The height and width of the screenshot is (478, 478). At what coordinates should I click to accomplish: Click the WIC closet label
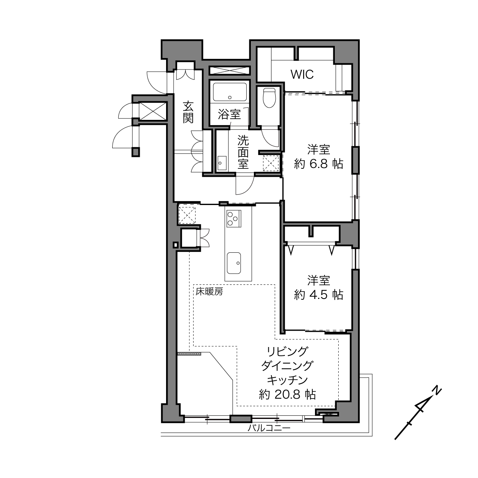[x=302, y=74]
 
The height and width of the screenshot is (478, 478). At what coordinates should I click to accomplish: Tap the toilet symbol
[x=269, y=98]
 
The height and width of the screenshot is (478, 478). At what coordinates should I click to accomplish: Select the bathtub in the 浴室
[x=230, y=92]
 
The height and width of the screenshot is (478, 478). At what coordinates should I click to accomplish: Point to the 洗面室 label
[x=243, y=152]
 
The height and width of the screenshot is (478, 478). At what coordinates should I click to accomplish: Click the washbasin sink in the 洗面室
[x=222, y=163]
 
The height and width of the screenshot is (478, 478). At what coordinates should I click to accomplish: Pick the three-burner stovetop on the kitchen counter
[x=234, y=218]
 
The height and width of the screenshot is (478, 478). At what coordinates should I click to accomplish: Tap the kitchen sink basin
[x=234, y=263]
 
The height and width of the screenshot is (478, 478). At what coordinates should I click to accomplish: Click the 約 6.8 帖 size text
[x=318, y=164]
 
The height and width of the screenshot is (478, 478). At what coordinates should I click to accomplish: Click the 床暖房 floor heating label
[x=209, y=292]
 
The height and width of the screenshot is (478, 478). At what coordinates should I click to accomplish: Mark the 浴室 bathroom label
[x=229, y=115]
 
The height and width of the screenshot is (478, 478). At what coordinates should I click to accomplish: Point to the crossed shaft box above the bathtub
[x=229, y=71]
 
